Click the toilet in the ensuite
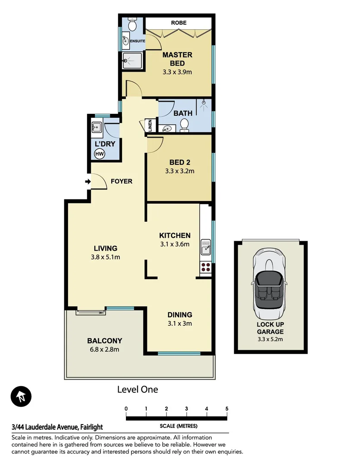point(132,25)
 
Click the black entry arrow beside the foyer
point(88,182)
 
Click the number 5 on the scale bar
point(227,409)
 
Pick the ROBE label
point(178,22)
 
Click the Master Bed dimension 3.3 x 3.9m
point(177,72)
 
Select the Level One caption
point(138,390)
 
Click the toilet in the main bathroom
point(185,124)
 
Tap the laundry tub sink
point(96,128)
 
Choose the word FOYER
point(122,181)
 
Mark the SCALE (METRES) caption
point(178,426)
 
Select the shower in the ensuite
point(131,60)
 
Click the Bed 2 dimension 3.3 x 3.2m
point(180,171)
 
